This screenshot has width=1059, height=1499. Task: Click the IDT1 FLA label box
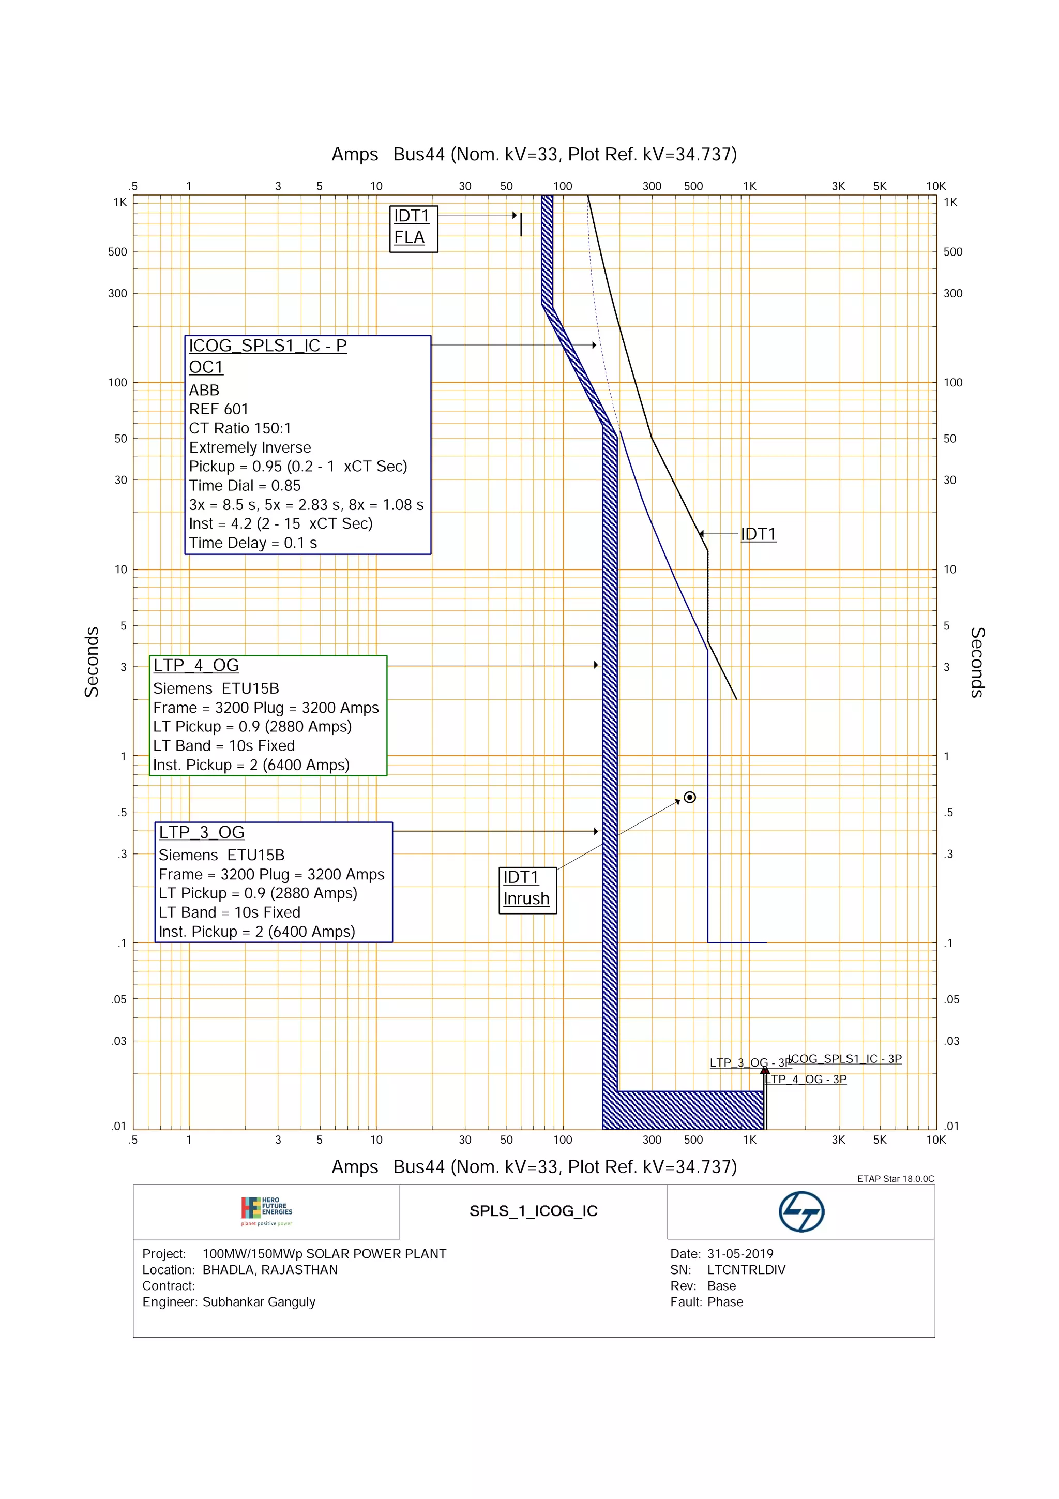click(x=413, y=229)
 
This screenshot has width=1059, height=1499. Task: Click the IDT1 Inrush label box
click(x=527, y=890)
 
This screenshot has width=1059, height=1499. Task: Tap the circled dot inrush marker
click(x=690, y=797)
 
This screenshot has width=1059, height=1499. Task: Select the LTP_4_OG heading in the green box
click(x=196, y=665)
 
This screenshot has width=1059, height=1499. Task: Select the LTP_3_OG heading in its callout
click(x=202, y=832)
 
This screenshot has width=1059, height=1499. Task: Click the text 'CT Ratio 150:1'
click(x=240, y=428)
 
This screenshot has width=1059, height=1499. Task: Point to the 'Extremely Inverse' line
click(x=250, y=448)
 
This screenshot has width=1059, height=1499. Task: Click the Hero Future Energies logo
click(x=267, y=1211)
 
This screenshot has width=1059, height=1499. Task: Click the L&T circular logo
click(x=801, y=1212)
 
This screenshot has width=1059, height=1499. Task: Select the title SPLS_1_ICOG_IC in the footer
click(x=533, y=1211)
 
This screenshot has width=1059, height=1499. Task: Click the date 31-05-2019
click(x=740, y=1253)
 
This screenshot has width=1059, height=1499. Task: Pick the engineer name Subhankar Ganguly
click(x=259, y=1302)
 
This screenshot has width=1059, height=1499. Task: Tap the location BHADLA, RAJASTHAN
click(x=270, y=1270)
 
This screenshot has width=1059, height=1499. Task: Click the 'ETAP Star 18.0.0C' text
click(x=895, y=1178)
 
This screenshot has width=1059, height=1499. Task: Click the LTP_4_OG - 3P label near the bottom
click(x=807, y=1079)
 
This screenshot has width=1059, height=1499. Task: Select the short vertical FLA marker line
click(x=521, y=224)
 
